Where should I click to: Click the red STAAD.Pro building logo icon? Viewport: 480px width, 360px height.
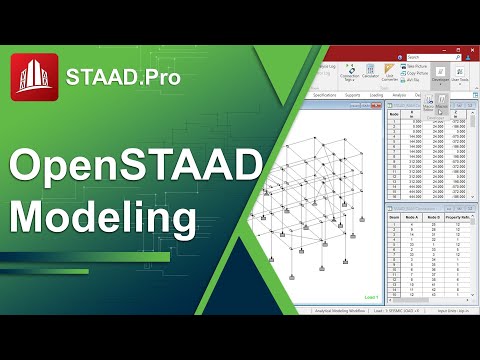(x=33, y=76)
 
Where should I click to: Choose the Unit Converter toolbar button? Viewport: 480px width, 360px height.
(x=389, y=75)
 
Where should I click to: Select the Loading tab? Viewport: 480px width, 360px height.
(x=376, y=95)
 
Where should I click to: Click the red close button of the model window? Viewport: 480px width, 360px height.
(x=378, y=106)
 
